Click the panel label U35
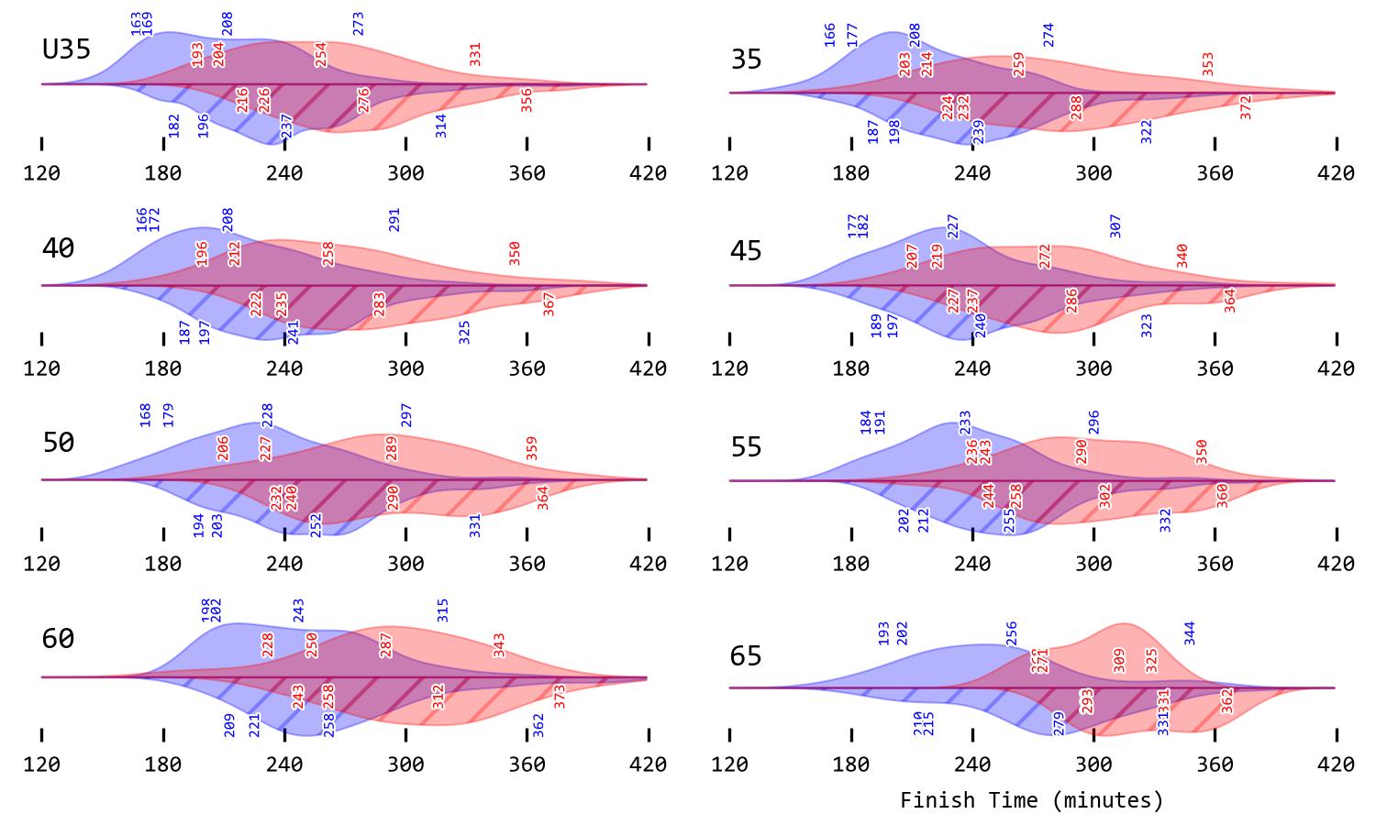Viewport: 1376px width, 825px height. pos(67,49)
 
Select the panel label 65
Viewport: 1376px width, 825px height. pos(746,656)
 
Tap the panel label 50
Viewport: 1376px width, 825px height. pos(59,443)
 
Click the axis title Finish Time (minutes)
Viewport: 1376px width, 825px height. pos(1032,800)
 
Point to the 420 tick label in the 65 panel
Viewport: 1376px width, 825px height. pos(1336,764)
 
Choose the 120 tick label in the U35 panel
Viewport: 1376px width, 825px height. pos(42,173)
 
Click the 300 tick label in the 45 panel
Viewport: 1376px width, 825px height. pos(1093,368)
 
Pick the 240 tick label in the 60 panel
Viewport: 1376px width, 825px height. pos(284,764)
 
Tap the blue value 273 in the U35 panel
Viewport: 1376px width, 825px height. pos(359,24)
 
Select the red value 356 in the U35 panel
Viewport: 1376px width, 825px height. pos(527,100)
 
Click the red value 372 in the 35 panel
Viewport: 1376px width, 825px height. pos(1246,107)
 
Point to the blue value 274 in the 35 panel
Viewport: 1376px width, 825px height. pos(1049,35)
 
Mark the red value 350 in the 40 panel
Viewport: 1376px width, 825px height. pos(515,254)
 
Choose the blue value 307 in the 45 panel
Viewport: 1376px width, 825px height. pos(1115,226)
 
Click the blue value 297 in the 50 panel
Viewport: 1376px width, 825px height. pos(406,415)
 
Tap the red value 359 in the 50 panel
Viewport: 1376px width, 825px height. pos(532,448)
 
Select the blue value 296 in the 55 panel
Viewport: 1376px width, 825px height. pos(1093,422)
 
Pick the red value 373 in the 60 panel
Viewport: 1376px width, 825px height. pos(560,697)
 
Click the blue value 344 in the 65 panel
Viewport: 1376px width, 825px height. pos(1190,633)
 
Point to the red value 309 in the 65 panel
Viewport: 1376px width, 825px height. pos(1119,661)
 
